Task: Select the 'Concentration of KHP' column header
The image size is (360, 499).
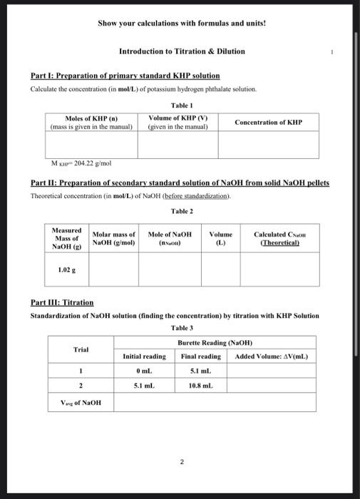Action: (269, 123)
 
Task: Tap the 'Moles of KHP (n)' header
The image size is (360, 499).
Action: (91, 123)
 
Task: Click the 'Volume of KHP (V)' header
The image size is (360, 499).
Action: (178, 123)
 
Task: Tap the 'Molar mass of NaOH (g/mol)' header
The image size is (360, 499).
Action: (114, 238)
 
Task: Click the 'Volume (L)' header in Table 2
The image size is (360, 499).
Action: (221, 238)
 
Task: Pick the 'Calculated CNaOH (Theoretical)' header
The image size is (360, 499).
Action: (277, 238)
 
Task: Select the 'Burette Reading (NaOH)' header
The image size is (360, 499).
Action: (215, 343)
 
